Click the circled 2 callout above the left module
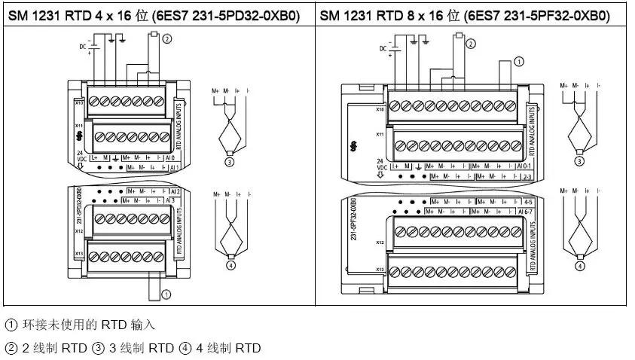coord(166,38)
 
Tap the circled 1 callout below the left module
coord(166,294)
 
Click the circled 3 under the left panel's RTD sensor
coord(228,159)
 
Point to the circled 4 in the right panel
coord(580,265)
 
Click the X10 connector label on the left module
coord(78,101)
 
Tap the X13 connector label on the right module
coord(380,269)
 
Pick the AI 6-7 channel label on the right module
coord(525,212)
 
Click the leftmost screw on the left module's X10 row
coord(95,101)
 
